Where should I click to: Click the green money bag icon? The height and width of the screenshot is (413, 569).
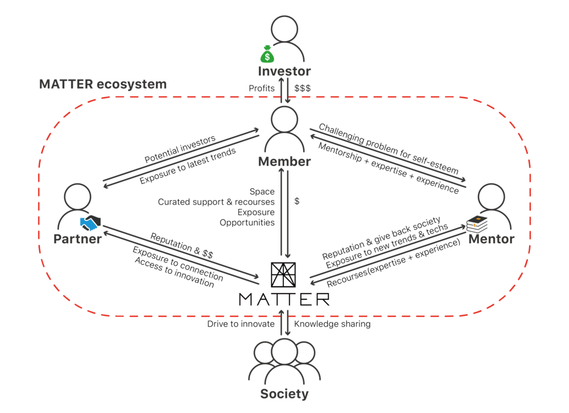pyautogui.click(x=267, y=56)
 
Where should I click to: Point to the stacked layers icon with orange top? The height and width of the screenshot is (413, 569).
pyautogui.click(x=477, y=224)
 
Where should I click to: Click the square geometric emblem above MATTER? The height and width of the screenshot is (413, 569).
pyautogui.click(x=283, y=275)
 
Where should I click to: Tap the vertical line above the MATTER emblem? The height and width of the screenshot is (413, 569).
pyautogui.click(x=283, y=227)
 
